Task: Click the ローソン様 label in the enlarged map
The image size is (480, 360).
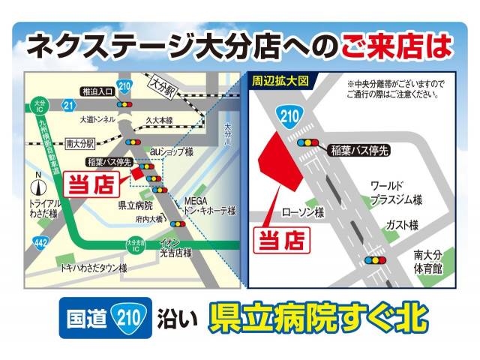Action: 304,214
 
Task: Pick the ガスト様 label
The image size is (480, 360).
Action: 401,225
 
